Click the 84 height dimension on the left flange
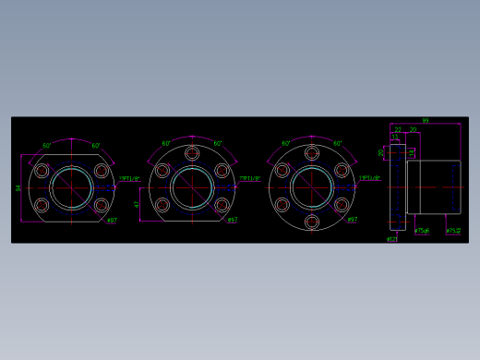tap(18, 188)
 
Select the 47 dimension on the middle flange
tap(138, 204)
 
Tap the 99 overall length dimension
tap(425, 121)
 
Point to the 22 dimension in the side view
tap(398, 130)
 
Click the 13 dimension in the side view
tap(394, 138)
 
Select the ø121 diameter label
tap(391, 239)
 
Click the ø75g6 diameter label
tap(422, 231)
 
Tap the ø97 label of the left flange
tap(112, 220)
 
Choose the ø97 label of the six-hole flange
tap(352, 220)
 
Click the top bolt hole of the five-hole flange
tap(192, 154)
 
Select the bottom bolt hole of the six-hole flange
tap(312, 222)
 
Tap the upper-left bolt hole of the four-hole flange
tap(42, 171)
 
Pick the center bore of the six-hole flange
tap(312, 188)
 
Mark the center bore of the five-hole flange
tap(192, 188)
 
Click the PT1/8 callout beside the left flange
tap(129, 179)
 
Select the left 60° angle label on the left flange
tap(47, 145)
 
